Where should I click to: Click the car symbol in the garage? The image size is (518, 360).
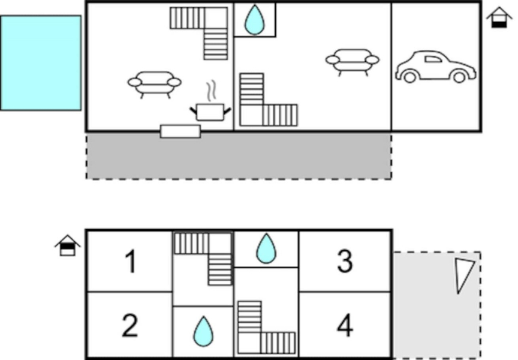pos(435,67)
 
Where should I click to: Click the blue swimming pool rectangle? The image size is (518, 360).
pos(41,63)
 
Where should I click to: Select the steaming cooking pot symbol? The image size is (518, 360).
pos(210,108)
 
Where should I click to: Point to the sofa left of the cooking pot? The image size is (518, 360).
pos(154,83)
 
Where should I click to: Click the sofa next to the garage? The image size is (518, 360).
pos(353,61)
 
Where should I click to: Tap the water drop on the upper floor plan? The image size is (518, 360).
pos(254,20)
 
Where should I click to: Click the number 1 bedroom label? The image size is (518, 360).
pos(130,262)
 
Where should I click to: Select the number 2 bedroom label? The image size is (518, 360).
pos(130,326)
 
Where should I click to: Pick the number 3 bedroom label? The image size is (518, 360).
pos(344,261)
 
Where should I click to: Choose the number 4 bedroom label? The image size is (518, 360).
pos(344,326)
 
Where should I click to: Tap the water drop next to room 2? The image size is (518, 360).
pos(203,331)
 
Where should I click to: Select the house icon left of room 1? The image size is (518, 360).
pos(68,245)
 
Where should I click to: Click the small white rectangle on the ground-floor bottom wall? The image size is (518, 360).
pos(180,131)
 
